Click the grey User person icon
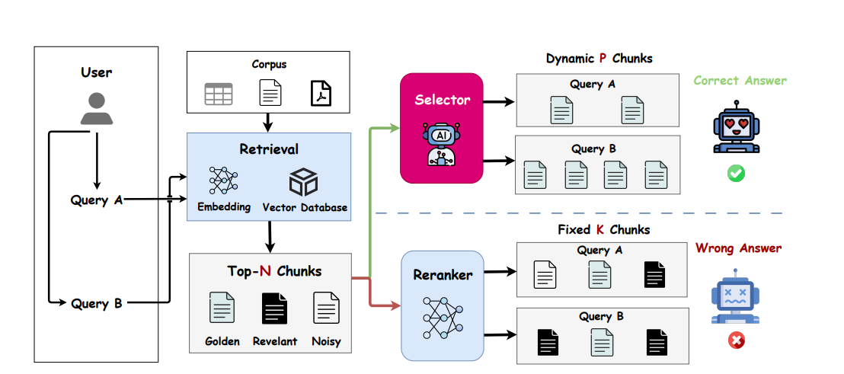[97, 108]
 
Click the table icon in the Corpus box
[218, 94]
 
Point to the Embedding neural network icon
[223, 181]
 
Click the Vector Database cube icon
[303, 182]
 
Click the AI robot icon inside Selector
[441, 144]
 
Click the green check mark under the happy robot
[737, 174]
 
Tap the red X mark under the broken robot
[737, 340]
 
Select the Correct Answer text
[740, 81]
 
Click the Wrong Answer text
[738, 248]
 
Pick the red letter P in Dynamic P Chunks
[603, 59]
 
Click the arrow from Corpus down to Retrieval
[269, 121]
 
